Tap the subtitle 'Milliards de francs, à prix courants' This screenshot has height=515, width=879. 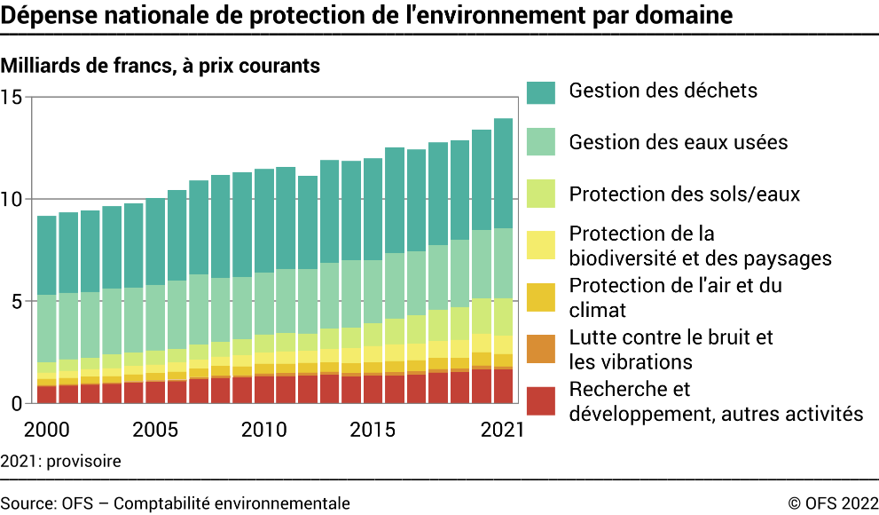161,66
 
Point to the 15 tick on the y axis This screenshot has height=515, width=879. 12,97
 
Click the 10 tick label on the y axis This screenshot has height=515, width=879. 12,199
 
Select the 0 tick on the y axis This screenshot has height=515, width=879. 16,404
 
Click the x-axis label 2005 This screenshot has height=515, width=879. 154,430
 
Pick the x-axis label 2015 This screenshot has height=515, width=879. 372,430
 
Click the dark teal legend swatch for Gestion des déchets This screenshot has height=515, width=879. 540,91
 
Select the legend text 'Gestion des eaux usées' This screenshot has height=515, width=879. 678,142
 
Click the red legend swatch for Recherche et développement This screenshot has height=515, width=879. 540,400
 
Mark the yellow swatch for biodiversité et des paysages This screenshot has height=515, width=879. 540,245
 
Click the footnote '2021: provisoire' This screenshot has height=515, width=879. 60,462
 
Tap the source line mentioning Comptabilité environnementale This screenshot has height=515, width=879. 176,503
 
